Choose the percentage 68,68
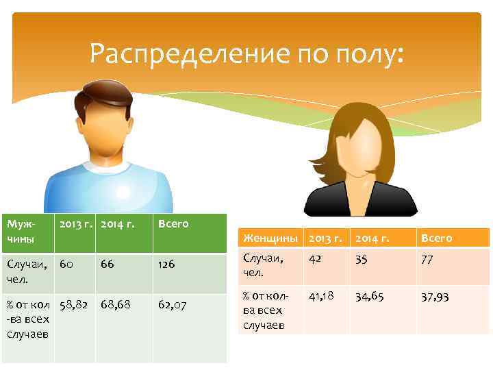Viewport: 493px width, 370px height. [115, 304]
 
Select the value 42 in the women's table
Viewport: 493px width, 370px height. [316, 259]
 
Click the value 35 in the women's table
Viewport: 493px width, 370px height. [362, 259]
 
